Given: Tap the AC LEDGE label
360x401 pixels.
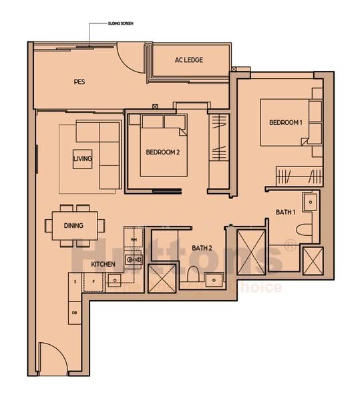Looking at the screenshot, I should tap(188, 60).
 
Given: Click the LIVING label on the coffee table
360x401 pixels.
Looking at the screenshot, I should tap(83, 158).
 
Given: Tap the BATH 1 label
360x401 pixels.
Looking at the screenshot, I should tap(285, 212).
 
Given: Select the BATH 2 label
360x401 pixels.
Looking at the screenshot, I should tap(201, 249).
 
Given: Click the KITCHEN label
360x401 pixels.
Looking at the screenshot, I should tap(103, 265).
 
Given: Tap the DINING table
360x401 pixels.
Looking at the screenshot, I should tap(73, 226).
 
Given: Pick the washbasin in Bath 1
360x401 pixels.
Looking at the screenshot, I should tap(309, 201).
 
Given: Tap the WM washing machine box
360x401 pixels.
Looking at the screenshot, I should tap(133, 239).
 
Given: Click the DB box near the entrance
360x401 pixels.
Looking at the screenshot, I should tap(73, 313).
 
